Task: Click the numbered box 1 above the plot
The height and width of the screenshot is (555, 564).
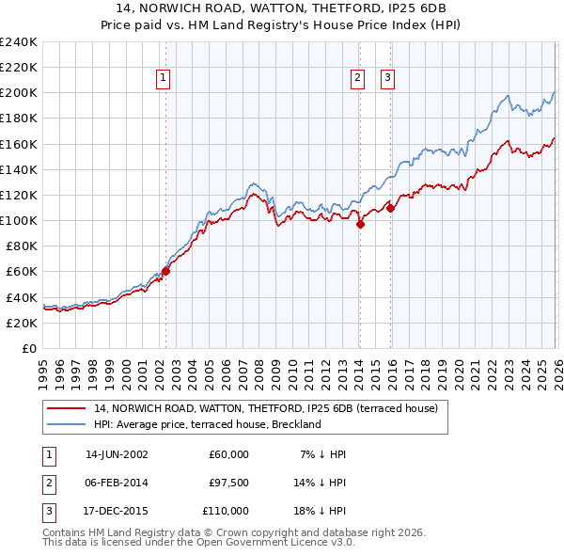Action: coord(164,79)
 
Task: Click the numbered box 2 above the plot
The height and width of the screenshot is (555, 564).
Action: coord(358,79)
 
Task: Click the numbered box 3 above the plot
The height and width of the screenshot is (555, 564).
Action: coord(388,79)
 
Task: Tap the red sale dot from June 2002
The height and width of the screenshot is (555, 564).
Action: coord(165,271)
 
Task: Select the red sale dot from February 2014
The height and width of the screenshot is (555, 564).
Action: coord(360,224)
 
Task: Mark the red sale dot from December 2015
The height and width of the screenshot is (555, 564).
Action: coord(390,208)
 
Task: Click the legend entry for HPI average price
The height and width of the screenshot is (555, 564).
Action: coord(208,424)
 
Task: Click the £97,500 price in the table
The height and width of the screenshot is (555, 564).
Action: coord(228,483)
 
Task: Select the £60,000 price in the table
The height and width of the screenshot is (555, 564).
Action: coord(228,454)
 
